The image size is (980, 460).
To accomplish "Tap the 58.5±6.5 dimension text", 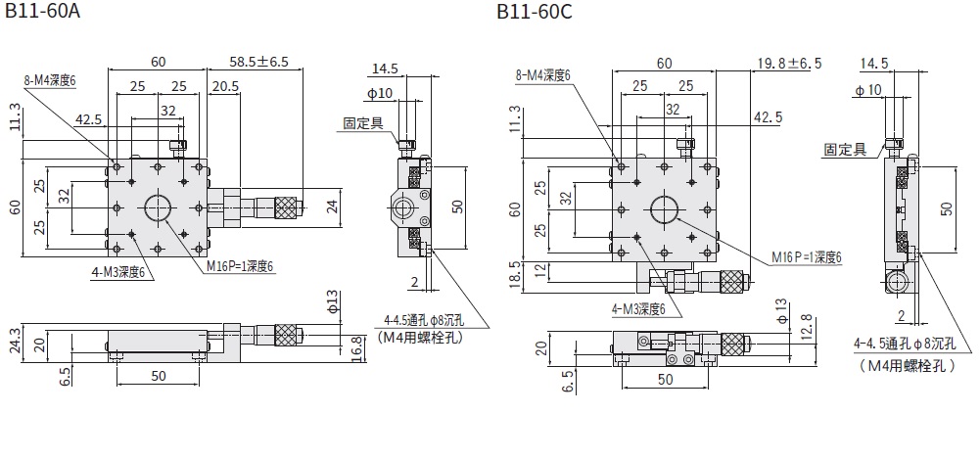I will coord(259,61).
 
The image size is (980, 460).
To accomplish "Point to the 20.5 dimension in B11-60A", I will coord(224,87).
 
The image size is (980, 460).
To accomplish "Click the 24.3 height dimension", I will coord(13,339).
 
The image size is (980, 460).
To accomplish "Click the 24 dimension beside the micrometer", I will coord(332,207).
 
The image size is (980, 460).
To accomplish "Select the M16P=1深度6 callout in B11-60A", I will coord(240,265).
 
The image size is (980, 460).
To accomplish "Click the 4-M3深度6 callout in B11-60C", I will coord(644,309).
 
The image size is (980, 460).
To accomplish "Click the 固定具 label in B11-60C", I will coord(844,150).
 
